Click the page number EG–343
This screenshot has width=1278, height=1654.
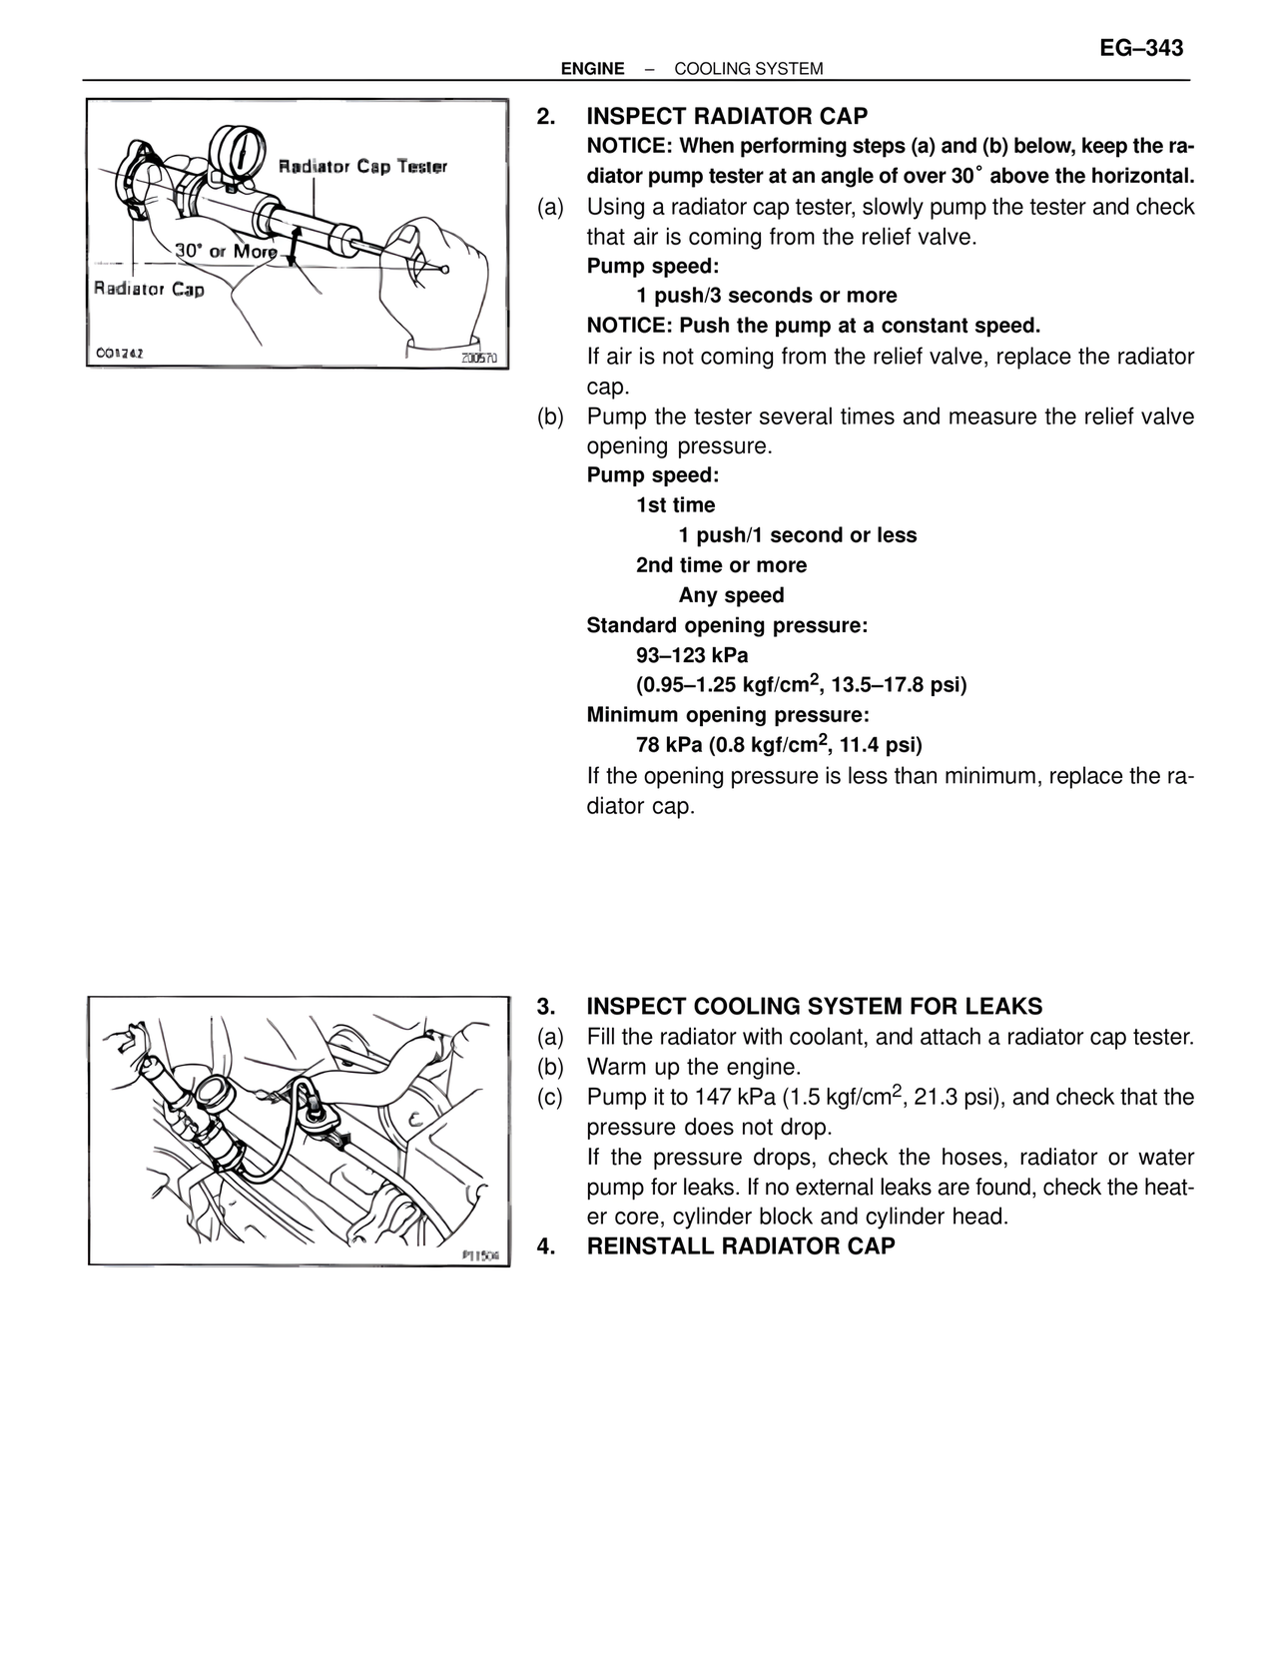pyautogui.click(x=1141, y=49)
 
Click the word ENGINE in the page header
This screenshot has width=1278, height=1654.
pyautogui.click(x=593, y=69)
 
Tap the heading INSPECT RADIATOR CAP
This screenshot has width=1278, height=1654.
pyautogui.click(x=727, y=117)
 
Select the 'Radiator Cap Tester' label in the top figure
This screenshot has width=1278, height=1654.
pyautogui.click(x=362, y=166)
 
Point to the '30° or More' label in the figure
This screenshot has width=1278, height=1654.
pyautogui.click(x=226, y=251)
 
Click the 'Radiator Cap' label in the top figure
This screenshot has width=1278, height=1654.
pyautogui.click(x=149, y=290)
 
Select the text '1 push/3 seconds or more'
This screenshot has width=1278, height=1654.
pyautogui.click(x=767, y=296)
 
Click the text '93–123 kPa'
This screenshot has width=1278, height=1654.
pyautogui.click(x=692, y=655)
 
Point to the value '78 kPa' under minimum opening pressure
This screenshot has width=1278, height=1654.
pyautogui.click(x=669, y=745)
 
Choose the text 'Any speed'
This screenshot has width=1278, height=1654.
pyautogui.click(x=731, y=595)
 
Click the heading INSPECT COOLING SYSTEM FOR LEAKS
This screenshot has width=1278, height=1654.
pyautogui.click(x=815, y=1006)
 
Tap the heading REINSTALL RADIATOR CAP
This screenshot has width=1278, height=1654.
pyautogui.click(x=741, y=1246)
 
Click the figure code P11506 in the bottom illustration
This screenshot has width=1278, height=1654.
pyautogui.click(x=481, y=1255)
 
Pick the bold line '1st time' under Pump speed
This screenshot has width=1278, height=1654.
pyautogui.click(x=676, y=505)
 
